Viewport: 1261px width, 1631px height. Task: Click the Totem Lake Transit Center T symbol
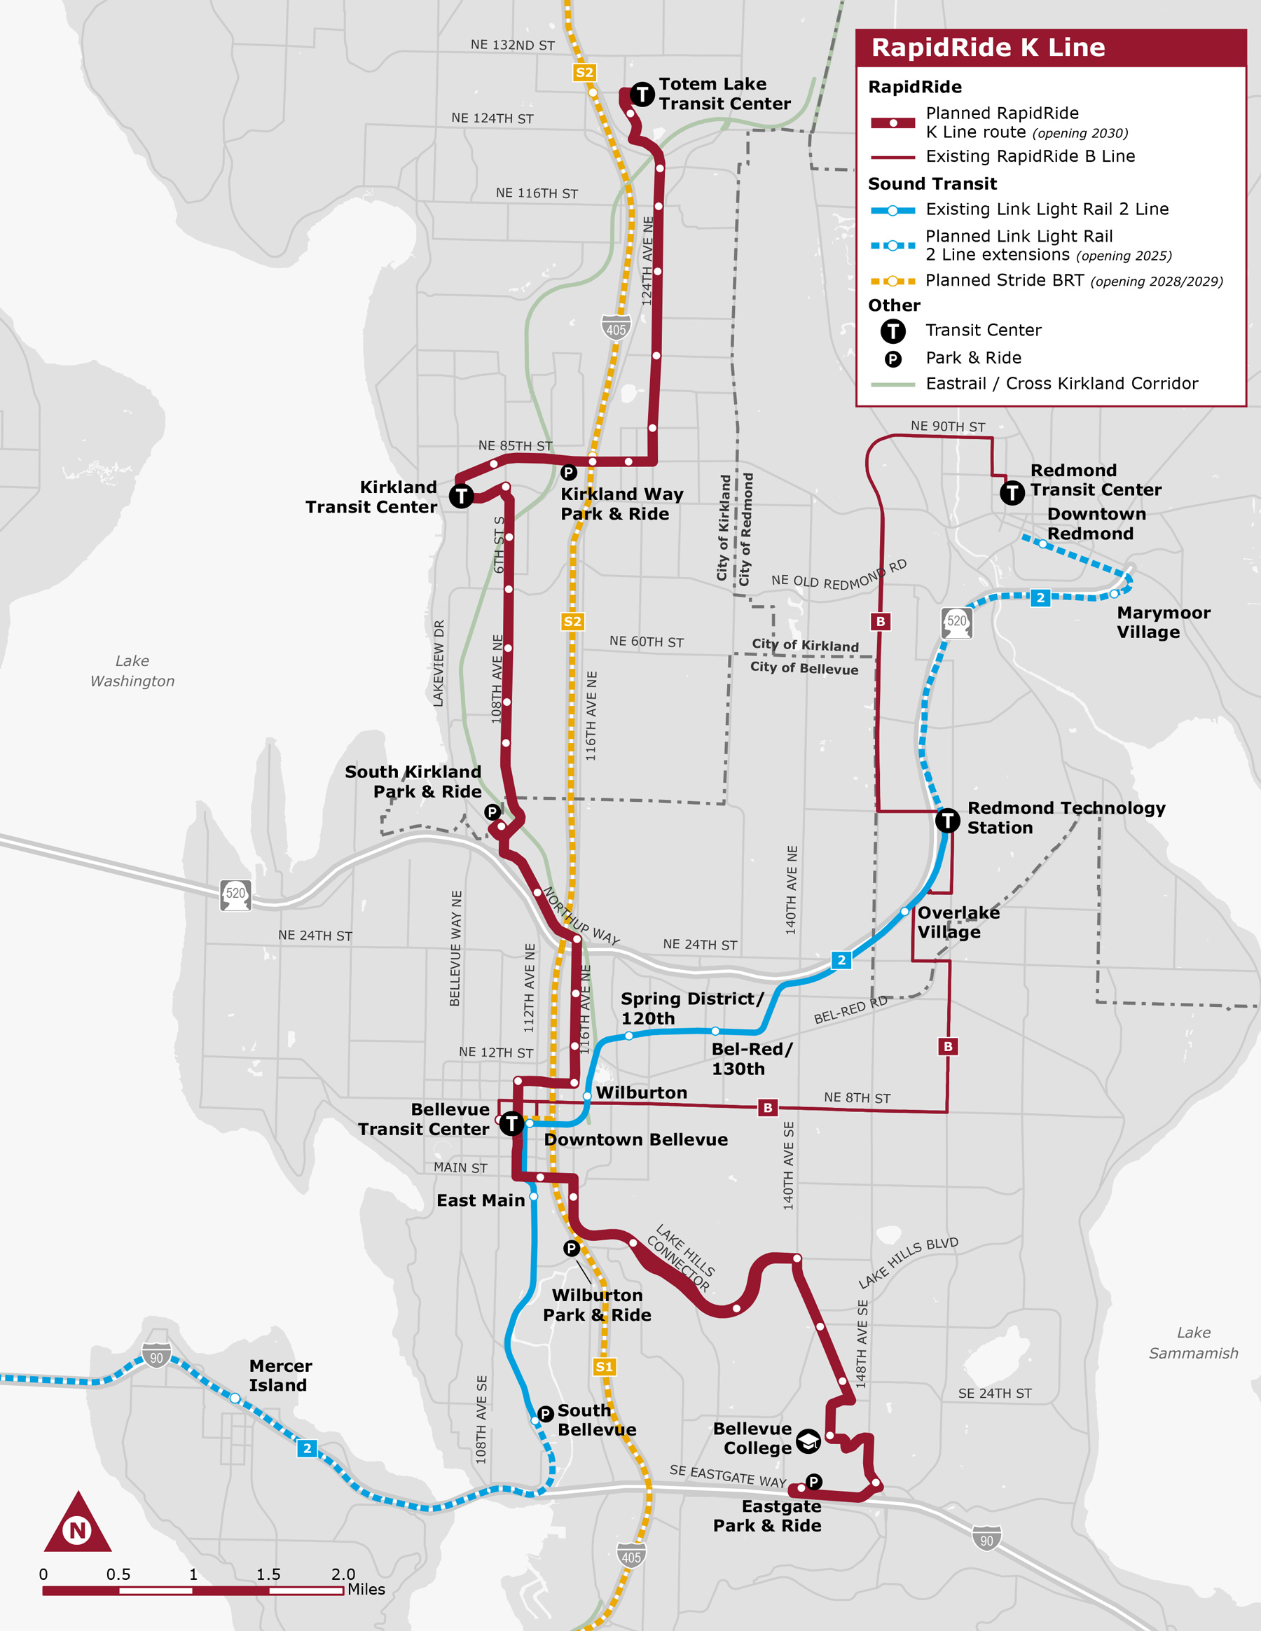click(x=642, y=94)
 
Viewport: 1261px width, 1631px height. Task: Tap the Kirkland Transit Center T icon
click(x=462, y=495)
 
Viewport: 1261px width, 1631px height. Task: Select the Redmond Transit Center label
click(x=1095, y=480)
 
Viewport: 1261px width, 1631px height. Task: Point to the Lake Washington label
click(x=132, y=671)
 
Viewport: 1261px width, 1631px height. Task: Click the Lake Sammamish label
click(x=1193, y=1342)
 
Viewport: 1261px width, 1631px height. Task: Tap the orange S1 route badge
click(x=604, y=1366)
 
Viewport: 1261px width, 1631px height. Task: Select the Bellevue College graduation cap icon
click(x=808, y=1441)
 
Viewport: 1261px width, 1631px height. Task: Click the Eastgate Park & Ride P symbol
click(x=813, y=1482)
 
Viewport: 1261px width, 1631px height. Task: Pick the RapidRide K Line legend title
click(x=988, y=48)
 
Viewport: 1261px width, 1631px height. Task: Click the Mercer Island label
click(x=280, y=1375)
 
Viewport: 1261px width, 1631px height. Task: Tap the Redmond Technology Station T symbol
click(x=947, y=821)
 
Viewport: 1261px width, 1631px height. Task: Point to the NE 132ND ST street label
click(x=513, y=45)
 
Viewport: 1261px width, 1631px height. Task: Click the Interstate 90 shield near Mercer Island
click(x=156, y=1354)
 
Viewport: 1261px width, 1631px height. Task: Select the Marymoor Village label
click(x=1163, y=622)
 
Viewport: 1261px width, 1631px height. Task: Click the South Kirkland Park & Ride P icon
click(x=492, y=812)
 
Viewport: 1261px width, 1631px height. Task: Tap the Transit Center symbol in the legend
click(x=893, y=331)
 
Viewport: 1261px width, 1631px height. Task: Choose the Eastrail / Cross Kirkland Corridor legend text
click(x=1061, y=384)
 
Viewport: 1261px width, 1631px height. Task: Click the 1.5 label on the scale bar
click(x=268, y=1574)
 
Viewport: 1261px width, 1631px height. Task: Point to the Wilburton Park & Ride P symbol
click(x=572, y=1248)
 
